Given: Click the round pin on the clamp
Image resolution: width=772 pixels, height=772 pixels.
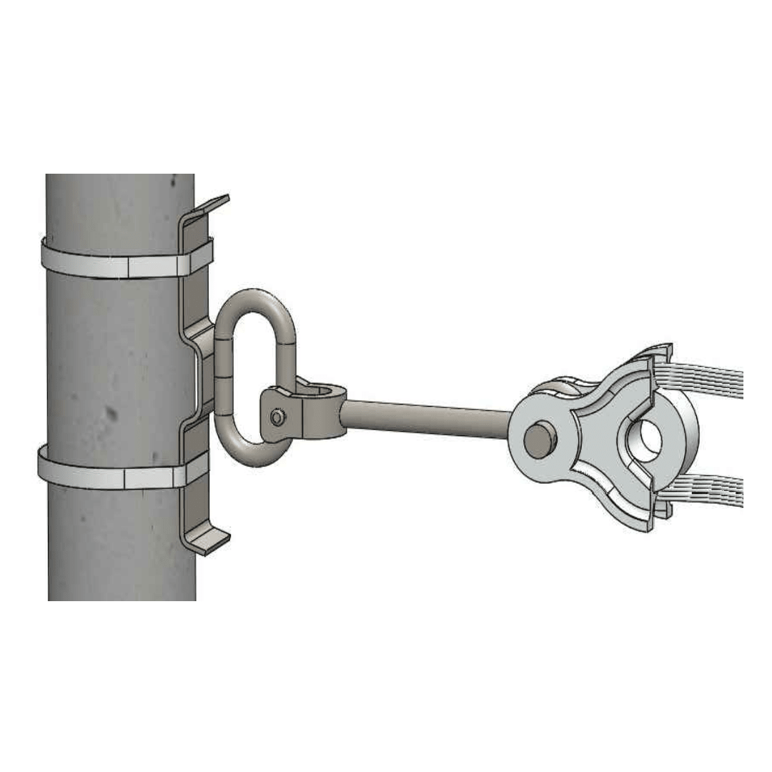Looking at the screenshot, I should [540, 440].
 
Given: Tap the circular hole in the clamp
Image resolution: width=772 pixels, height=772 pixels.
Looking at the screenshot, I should [649, 435].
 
